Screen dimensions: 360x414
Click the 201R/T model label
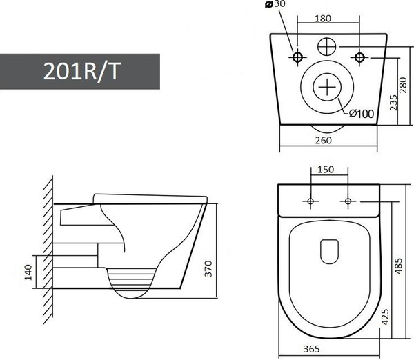[x=80, y=71]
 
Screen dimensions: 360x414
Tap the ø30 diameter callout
[x=275, y=5]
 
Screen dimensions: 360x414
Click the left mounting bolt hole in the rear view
[x=298, y=56]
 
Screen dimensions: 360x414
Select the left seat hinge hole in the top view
[x=310, y=201]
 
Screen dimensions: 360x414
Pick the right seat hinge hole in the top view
[x=348, y=201]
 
